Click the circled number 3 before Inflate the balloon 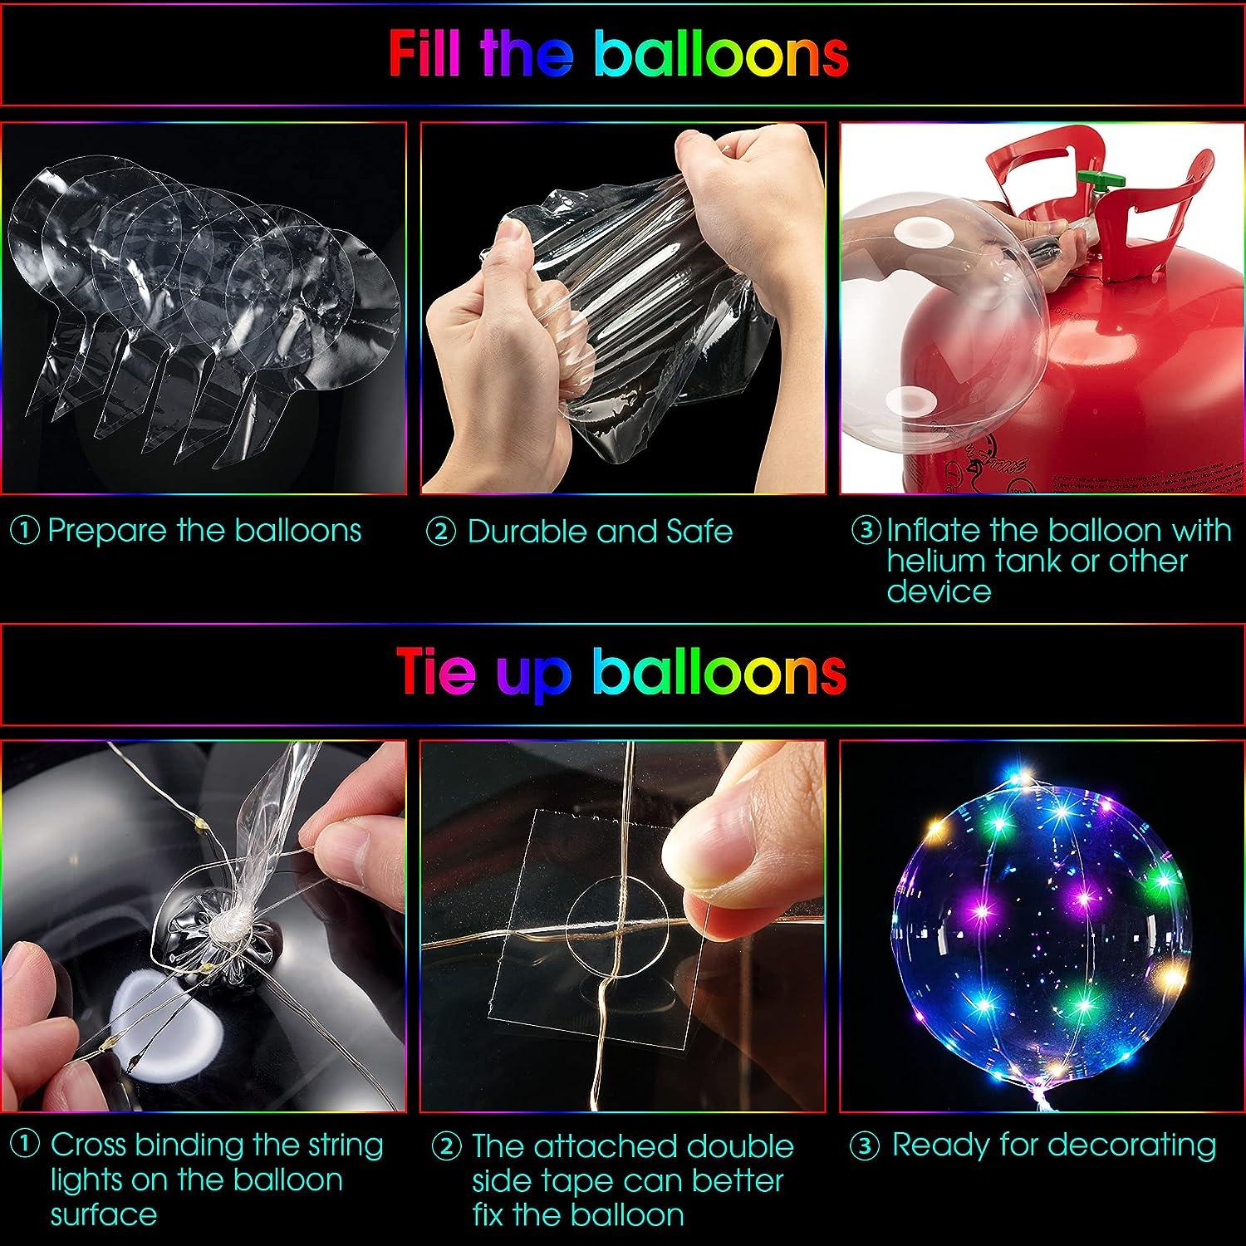866,531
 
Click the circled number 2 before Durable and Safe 441,532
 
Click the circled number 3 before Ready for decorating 866,1146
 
